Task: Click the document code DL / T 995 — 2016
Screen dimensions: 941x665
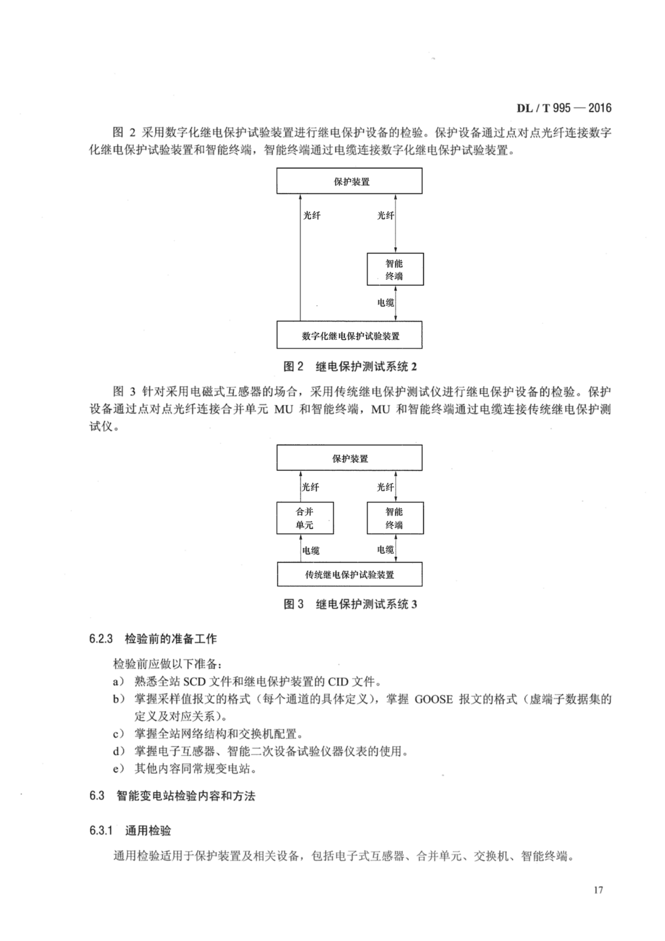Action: point(563,108)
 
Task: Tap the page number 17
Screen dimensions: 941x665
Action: point(598,890)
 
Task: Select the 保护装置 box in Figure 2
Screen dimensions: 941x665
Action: point(349,181)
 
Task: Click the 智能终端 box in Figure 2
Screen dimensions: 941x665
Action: point(395,269)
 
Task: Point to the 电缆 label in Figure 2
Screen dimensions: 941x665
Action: point(385,303)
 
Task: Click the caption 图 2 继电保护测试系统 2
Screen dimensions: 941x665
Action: point(350,367)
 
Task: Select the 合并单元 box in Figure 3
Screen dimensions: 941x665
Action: point(305,518)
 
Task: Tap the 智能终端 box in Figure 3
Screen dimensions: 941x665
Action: point(395,518)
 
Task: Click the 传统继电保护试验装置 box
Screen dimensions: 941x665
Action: point(349,574)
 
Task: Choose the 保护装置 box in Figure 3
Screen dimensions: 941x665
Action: point(349,458)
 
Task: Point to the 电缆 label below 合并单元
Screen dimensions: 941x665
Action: point(311,550)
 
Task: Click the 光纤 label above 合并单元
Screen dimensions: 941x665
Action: point(310,487)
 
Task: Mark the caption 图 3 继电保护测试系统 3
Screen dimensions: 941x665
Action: point(350,604)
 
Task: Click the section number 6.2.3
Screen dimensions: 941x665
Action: point(101,639)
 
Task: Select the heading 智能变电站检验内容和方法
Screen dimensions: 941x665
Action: point(185,796)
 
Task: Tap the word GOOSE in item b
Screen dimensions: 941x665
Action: point(434,699)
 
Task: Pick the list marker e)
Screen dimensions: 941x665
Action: point(119,769)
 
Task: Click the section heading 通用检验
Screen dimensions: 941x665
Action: point(148,831)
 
